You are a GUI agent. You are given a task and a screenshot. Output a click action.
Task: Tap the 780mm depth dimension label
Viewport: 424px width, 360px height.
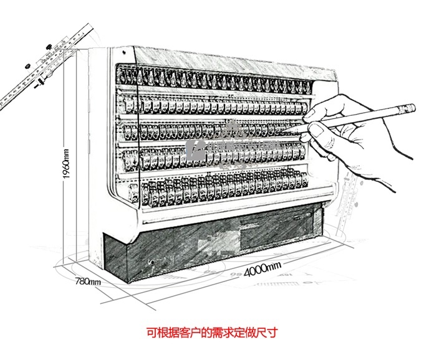click(x=88, y=282)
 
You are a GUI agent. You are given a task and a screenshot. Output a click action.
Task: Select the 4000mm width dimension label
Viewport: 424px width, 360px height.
click(x=263, y=268)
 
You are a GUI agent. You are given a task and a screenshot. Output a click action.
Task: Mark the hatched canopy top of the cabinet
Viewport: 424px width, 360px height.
click(x=218, y=62)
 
